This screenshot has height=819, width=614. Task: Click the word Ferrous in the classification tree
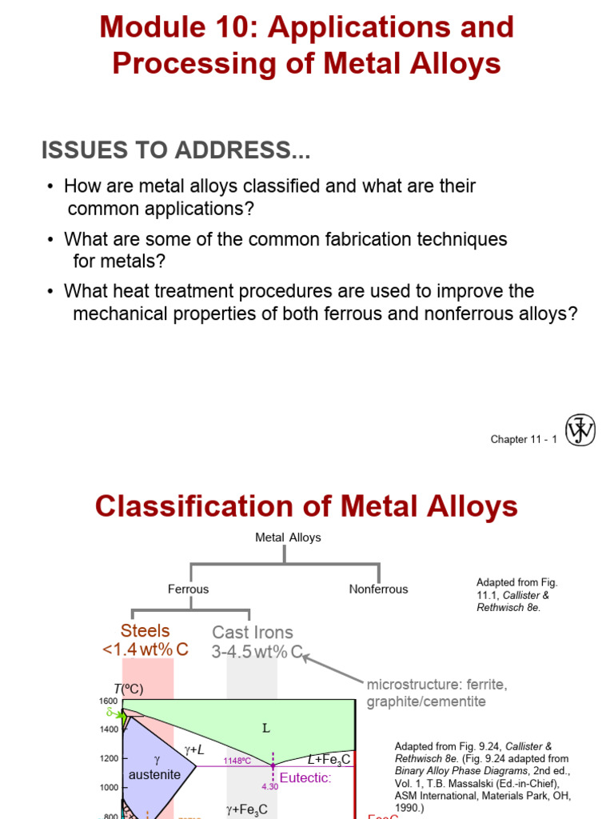pos(188,589)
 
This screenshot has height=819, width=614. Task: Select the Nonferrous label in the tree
pos(378,589)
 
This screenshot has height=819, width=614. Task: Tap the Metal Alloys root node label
pos(288,537)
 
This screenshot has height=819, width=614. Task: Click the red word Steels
pos(146,631)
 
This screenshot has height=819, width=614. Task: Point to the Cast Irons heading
pos(252,633)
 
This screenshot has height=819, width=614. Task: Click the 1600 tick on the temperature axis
pos(108,701)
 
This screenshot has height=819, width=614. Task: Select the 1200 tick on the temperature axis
pos(108,758)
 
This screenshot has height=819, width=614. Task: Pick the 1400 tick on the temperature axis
pos(108,729)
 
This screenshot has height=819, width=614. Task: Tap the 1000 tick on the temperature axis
pos(108,787)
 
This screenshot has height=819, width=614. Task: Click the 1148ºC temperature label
pos(237,761)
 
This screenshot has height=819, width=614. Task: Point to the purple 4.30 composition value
pos(269,786)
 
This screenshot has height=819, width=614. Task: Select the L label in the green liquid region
pos(267,728)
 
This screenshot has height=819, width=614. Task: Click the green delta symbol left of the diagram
pos(111,711)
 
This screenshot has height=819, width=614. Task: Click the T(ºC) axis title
pos(127,689)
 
